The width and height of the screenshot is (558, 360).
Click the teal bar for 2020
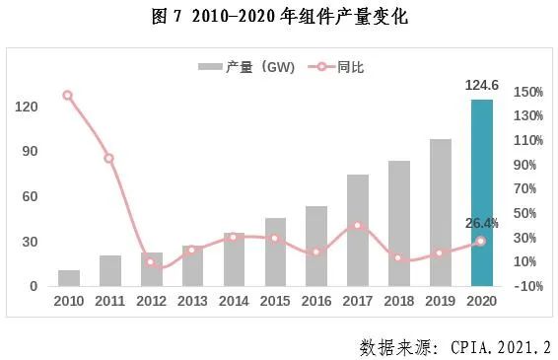482,192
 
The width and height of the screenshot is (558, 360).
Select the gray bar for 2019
441,213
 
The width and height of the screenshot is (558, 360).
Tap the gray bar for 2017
358,231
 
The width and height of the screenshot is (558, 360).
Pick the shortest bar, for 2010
69,278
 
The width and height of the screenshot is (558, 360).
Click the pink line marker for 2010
67,96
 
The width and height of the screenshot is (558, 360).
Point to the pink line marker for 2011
108,159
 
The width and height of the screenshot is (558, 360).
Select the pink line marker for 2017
358,226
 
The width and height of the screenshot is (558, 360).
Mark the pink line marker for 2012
150,262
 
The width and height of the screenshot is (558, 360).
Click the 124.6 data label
482,86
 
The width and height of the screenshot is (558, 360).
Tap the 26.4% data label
482,223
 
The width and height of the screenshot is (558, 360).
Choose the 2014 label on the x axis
234,301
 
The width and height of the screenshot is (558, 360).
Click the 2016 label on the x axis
316,301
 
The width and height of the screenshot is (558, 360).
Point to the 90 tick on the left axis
30,151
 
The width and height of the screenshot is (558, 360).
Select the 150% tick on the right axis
528,93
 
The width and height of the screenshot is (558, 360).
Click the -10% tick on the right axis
528,286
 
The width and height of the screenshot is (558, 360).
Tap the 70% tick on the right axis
524,189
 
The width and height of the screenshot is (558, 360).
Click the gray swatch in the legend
210,67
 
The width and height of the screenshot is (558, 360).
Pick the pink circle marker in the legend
321,67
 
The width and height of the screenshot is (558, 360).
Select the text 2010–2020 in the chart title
234,17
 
